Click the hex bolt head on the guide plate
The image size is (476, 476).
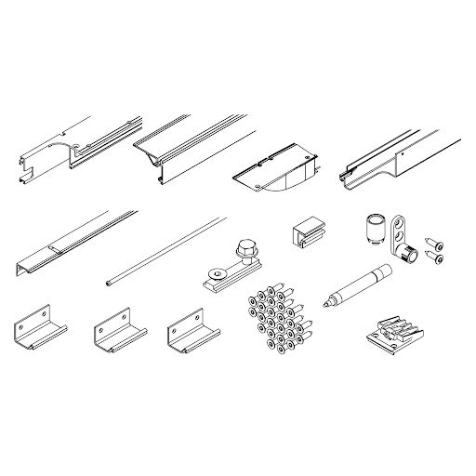245,249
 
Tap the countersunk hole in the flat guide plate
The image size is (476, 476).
217,273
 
